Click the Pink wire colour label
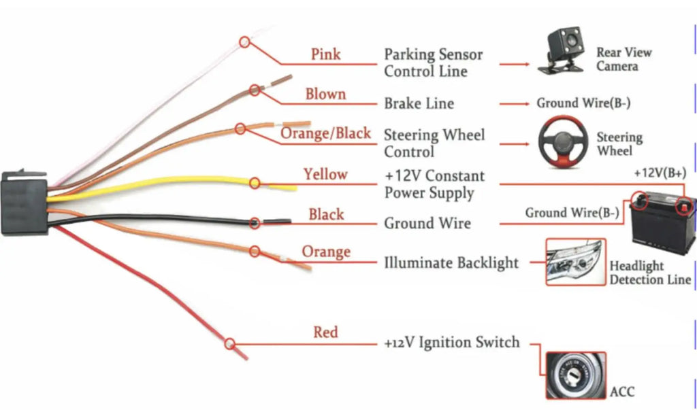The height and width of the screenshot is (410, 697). point(326,54)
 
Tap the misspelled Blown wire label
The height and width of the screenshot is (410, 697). point(325,95)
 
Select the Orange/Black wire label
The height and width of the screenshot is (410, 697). point(326,133)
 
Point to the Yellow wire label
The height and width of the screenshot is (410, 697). point(325,174)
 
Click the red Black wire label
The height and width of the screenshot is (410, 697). point(326,215)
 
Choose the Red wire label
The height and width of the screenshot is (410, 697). point(325,332)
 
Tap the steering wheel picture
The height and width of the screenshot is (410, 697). point(563,141)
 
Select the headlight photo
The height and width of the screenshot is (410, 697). point(576,262)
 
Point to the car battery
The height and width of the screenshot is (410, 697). point(662,222)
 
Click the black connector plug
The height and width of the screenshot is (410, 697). point(24,203)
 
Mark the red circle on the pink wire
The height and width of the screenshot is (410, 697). point(244,42)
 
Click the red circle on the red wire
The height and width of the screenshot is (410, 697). point(229,344)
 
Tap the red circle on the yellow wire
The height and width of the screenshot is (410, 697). point(255,183)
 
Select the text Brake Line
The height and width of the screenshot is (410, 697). point(419,103)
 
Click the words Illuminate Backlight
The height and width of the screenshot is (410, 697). point(451,262)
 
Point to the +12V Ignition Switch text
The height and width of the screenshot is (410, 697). point(452,343)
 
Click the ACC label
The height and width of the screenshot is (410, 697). point(622,392)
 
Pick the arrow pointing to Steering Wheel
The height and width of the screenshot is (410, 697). point(515,144)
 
